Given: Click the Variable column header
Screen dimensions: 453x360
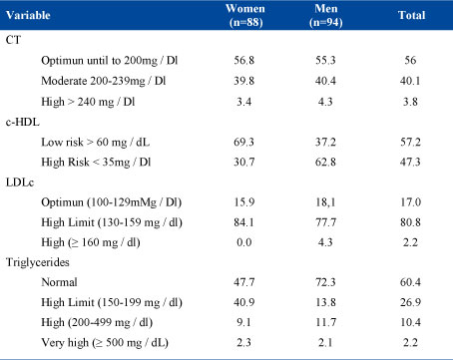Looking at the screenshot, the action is (x=28, y=15).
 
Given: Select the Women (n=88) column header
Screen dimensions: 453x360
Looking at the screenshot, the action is (x=245, y=15).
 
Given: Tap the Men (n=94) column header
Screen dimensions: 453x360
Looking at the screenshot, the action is (x=326, y=15).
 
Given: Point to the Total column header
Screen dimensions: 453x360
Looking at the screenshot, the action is (x=411, y=15).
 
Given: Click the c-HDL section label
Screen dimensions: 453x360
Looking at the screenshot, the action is (x=23, y=122).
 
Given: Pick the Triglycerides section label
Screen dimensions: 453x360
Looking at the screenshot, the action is (x=38, y=262).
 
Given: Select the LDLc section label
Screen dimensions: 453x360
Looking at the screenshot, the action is (x=20, y=182).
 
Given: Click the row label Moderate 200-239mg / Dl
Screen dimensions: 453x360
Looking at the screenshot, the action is (x=104, y=81).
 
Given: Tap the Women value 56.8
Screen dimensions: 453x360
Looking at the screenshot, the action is (x=243, y=60).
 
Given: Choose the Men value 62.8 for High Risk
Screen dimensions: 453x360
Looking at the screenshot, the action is (x=325, y=162).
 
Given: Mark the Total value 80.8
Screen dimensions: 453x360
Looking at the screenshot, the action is (x=410, y=222).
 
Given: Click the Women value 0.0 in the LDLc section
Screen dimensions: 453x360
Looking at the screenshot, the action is (x=243, y=242).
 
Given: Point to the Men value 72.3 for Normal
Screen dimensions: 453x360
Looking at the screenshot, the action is (x=325, y=282).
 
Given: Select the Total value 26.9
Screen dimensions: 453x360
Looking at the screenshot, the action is (x=410, y=302).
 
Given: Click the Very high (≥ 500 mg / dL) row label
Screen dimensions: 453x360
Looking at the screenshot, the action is (x=105, y=342).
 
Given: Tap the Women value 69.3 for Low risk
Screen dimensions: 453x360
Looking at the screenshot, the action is (x=243, y=142).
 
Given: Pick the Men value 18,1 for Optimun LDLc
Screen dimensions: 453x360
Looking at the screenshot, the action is (x=325, y=202).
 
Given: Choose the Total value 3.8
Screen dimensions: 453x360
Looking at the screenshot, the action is (x=410, y=102).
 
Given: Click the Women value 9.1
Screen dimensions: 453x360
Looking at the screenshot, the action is (x=243, y=322).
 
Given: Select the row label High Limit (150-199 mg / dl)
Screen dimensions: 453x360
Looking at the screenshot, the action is (x=112, y=302).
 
